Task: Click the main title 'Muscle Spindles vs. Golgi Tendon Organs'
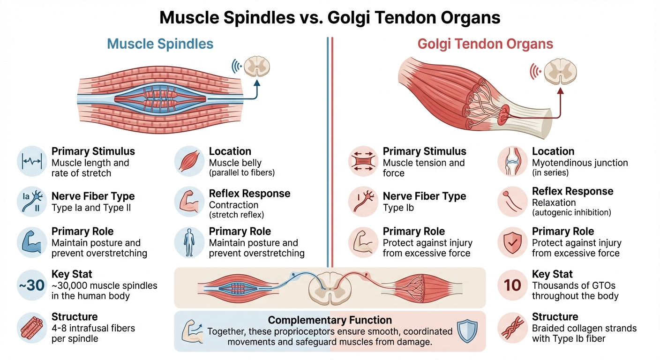(330, 17)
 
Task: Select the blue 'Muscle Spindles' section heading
(160, 44)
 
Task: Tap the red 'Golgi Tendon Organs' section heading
(485, 44)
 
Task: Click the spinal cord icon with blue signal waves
(258, 67)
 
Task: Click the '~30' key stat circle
(31, 284)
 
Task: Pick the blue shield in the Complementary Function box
(468, 330)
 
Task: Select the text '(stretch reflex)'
(236, 215)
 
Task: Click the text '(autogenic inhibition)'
(571, 213)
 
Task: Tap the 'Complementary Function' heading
(330, 320)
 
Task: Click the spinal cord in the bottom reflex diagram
(330, 286)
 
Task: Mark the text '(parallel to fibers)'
(241, 173)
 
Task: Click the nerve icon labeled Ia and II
(31, 202)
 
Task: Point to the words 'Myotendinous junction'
(580, 163)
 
